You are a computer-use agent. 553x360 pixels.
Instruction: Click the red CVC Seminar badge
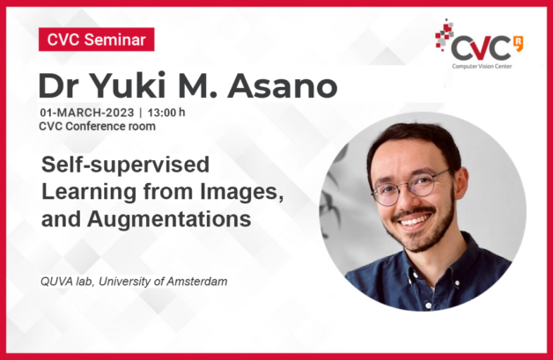click(96, 39)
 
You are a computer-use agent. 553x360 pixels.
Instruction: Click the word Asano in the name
click(283, 85)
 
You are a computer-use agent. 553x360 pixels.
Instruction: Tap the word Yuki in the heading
click(125, 85)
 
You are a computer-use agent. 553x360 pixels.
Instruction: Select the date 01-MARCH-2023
click(87, 113)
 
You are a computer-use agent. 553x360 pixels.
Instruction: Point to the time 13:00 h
click(166, 113)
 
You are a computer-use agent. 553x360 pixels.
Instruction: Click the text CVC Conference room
click(97, 126)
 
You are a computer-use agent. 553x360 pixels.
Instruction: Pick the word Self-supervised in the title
click(126, 165)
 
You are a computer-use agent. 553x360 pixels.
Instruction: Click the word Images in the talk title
click(242, 192)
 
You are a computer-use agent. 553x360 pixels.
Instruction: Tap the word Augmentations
click(169, 219)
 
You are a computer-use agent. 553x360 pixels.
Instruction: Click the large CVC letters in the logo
click(481, 48)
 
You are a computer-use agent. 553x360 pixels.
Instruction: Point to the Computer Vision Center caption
click(482, 66)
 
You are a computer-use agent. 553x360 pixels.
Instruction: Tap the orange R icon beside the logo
click(519, 43)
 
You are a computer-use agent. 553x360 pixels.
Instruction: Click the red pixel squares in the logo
click(444, 34)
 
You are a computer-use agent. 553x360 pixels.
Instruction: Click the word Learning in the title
click(89, 193)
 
